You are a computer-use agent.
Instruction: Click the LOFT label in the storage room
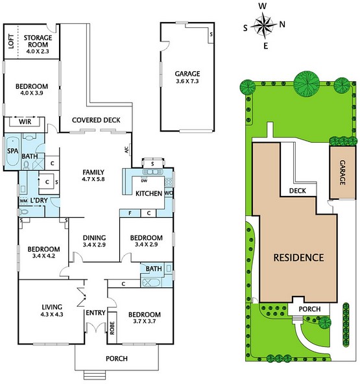pos(11,42)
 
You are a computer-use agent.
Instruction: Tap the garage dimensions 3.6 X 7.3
pos(187,81)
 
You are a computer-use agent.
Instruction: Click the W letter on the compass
pos(263,6)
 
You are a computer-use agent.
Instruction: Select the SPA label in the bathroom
pos(12,151)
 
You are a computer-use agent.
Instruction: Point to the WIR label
pos(25,122)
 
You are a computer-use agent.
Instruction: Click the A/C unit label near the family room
pos(126,150)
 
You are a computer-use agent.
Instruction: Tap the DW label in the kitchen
pos(144,181)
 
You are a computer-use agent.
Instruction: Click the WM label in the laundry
pos(23,201)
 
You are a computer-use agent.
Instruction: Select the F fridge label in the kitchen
pos(130,213)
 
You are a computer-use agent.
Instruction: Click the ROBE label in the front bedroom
pos(112,328)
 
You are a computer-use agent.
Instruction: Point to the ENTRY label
pos(95,313)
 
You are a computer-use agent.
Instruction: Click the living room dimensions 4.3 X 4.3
pos(52,314)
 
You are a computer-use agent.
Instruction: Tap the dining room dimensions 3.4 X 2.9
pos(94,245)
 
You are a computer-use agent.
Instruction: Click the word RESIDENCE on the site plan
pos(298,258)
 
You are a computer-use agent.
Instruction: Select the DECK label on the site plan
pos(298,191)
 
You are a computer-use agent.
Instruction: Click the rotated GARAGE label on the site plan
pos(342,173)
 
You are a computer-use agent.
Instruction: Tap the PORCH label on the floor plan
pos(117,359)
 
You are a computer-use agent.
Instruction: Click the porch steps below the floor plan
pos(95,375)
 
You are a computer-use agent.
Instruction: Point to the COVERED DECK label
pos(96,120)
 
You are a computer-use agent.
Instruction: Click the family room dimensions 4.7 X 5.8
pos(93,179)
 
